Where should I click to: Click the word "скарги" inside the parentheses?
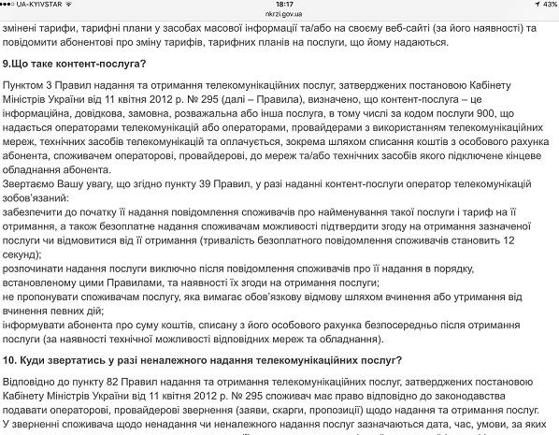[x=337, y=411]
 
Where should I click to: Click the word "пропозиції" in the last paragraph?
[x=389, y=411]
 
